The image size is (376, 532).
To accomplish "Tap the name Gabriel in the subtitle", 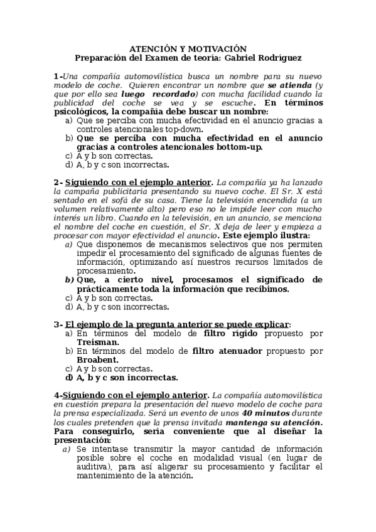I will pos(223,58).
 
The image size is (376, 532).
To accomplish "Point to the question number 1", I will pos(56,76).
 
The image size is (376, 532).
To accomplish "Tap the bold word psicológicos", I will pos(80,112).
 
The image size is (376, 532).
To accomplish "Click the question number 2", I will pos(56,183).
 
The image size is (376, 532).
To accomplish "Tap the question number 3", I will pos(56,324).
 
